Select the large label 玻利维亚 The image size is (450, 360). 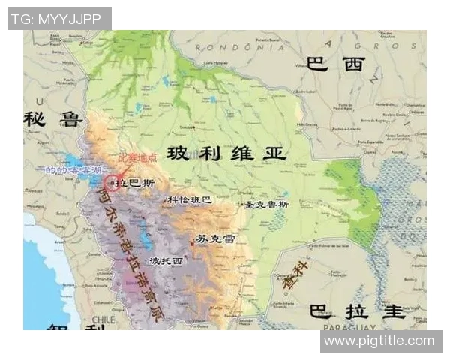[x=226, y=154]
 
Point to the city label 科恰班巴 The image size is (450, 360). [x=189, y=200]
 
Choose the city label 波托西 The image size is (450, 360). [x=166, y=261]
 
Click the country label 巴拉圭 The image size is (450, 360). [x=358, y=310]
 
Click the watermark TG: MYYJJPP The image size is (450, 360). [x=58, y=19]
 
